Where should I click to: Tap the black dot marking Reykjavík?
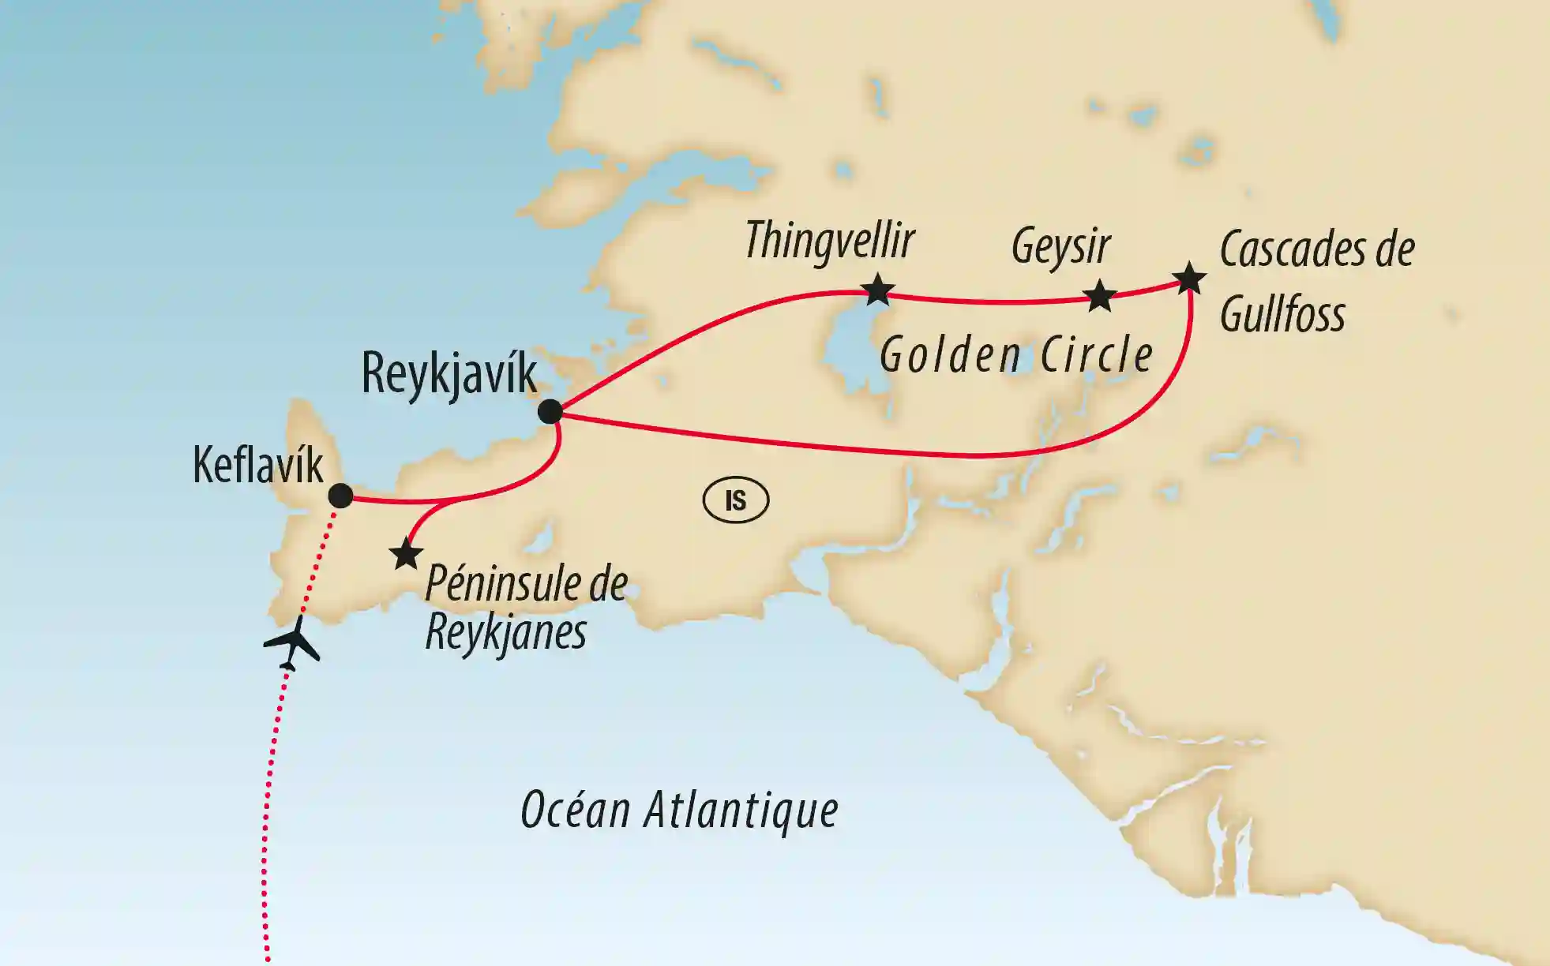click(550, 411)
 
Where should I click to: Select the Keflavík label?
click(258, 466)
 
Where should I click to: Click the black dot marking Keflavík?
click(340, 496)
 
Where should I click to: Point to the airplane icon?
click(292, 642)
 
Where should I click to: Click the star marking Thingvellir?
click(877, 290)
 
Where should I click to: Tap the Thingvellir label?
click(830, 240)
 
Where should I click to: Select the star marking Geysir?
click(1100, 296)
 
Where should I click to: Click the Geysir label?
click(1061, 247)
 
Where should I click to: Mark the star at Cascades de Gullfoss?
click(1189, 279)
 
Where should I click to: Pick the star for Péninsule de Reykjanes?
click(406, 554)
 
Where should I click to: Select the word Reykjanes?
click(505, 632)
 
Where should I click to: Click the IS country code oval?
click(735, 500)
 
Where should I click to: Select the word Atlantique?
click(741, 811)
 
